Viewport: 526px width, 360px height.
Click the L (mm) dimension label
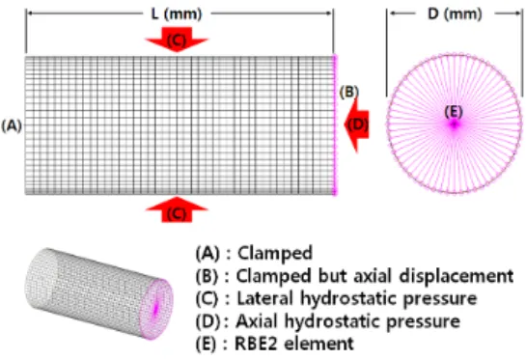[177, 14]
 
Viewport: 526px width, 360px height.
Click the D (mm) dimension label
[455, 14]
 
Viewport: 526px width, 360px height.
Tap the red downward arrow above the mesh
[177, 40]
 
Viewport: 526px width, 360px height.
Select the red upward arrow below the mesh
[177, 209]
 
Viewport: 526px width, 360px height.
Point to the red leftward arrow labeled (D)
[357, 125]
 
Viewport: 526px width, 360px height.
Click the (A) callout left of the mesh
[12, 125]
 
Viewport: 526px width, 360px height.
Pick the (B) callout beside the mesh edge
[348, 92]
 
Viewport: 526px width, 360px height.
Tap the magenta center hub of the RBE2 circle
[455, 125]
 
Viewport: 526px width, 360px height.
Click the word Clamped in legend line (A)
[275, 253]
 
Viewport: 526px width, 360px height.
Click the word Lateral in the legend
[265, 298]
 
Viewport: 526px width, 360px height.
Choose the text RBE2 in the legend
[256, 344]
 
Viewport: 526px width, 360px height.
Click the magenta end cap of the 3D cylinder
[156, 309]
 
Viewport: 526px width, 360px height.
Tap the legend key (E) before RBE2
[206, 344]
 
